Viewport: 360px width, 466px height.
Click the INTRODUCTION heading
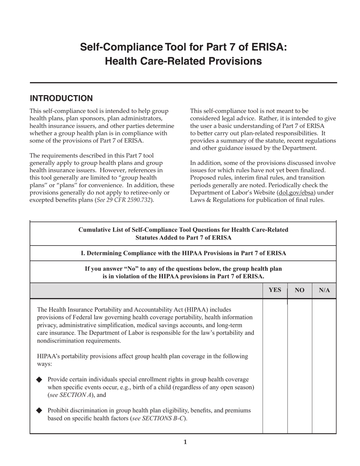[61, 99]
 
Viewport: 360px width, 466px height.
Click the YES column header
[275, 290]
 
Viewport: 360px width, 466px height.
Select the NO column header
[299, 290]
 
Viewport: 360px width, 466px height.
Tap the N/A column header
[324, 290]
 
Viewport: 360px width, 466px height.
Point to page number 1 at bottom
[185, 442]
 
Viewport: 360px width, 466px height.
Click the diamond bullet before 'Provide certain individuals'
[39, 380]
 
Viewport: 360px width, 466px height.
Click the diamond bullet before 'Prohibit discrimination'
[39, 411]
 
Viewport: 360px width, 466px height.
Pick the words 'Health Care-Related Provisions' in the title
[183, 61]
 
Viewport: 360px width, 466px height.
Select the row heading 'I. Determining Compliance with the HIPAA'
[183, 253]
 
